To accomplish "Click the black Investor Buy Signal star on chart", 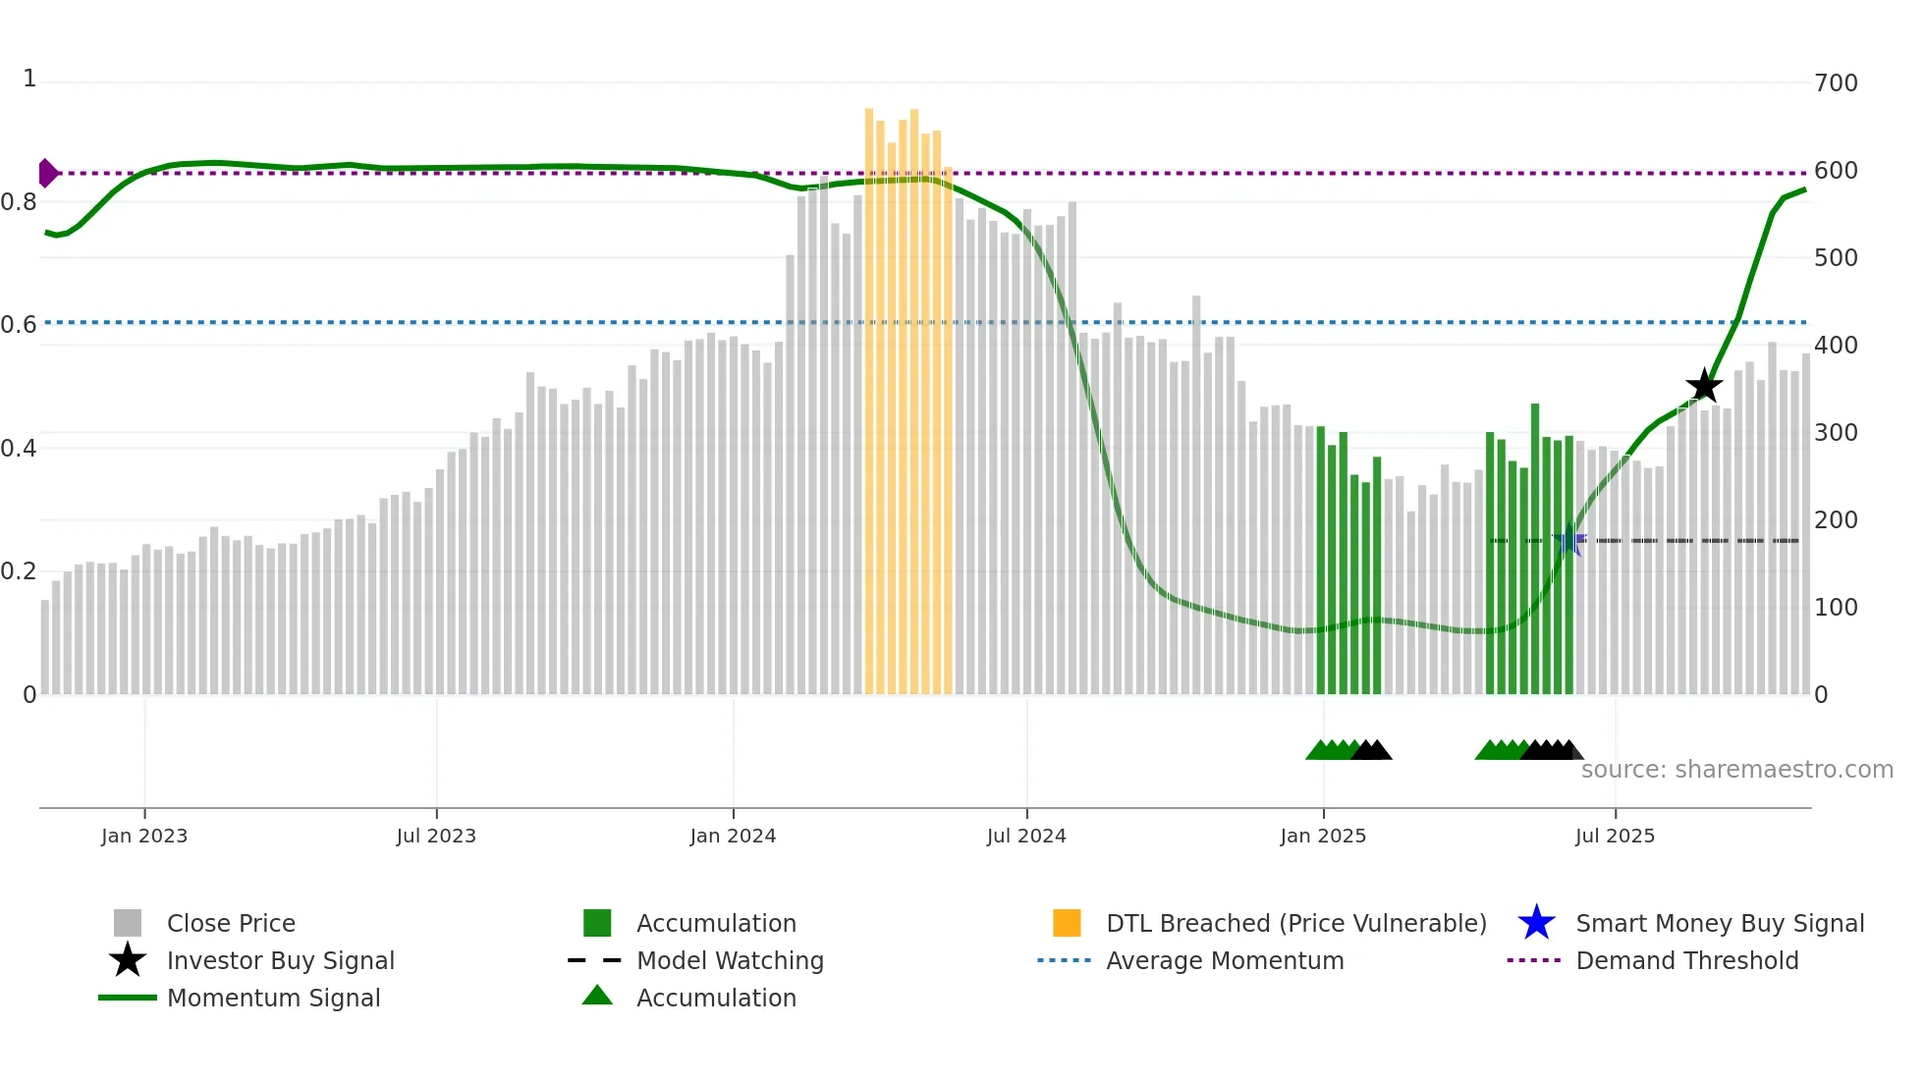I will [x=1704, y=386].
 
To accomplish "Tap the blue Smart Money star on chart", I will [x=1569, y=541].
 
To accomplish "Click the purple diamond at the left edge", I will [x=47, y=173].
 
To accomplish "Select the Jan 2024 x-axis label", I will [x=733, y=837].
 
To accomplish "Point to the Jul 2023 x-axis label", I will [x=436, y=837].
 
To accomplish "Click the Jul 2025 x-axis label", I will [x=1615, y=837].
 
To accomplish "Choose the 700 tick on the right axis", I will [x=1836, y=83].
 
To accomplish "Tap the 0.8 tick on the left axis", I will [x=20, y=202].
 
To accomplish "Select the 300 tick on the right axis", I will [x=1836, y=433].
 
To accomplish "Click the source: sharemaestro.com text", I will [x=1736, y=770].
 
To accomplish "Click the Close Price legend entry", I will [x=231, y=924].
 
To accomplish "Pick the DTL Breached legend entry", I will [x=1295, y=924].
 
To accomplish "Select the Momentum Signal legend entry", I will [x=273, y=999].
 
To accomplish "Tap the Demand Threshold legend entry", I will [x=1686, y=961].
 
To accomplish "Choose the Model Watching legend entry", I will [x=729, y=961].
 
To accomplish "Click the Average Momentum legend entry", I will [x=1224, y=961].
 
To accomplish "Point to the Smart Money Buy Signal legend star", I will [x=1536, y=923].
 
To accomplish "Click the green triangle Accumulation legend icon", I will [x=597, y=997].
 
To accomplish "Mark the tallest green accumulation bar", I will [x=1535, y=550].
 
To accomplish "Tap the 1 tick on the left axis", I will [x=29, y=79].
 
